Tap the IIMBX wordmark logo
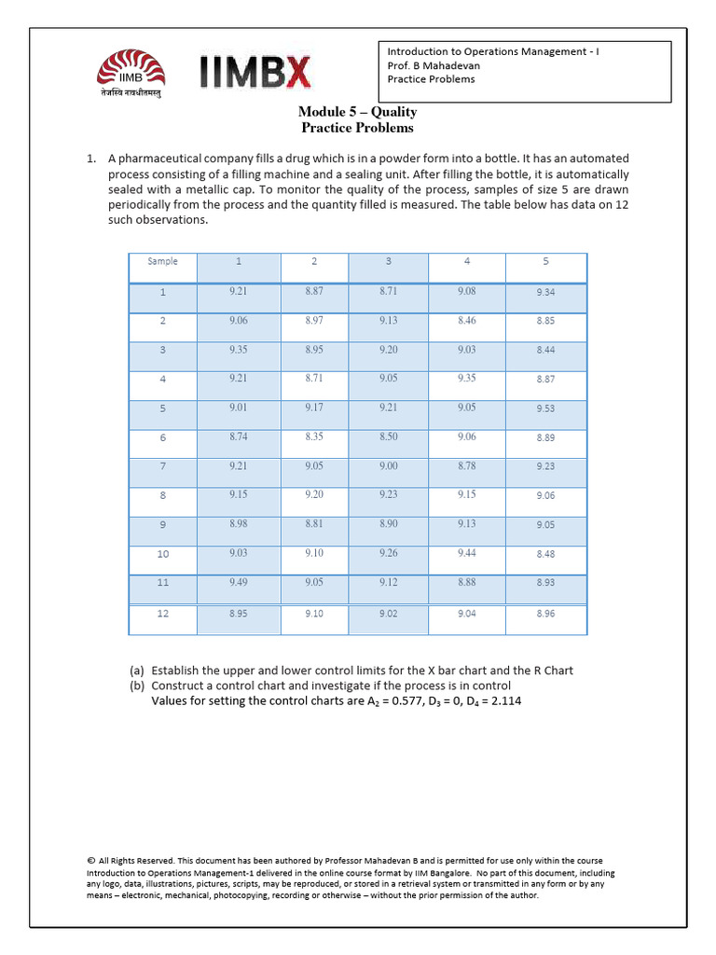tap(255, 74)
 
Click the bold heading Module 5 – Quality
tap(357, 112)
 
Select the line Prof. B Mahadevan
tap(434, 65)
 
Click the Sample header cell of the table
tap(162, 262)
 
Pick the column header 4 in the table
tap(466, 262)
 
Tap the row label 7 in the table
tap(162, 466)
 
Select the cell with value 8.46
tap(466, 320)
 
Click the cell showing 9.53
tap(545, 408)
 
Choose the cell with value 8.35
tap(314, 436)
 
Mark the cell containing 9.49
tap(239, 583)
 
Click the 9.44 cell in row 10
tap(466, 553)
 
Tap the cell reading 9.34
tap(545, 292)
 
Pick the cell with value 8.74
tap(239, 436)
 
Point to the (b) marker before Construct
tap(137, 685)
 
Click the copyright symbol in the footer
tap(90, 861)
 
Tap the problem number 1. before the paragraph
tap(92, 159)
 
